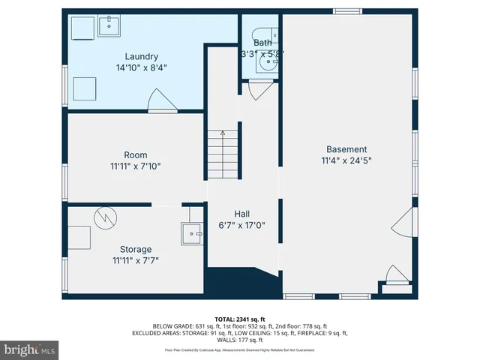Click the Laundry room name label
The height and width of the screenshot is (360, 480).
pos(141,56)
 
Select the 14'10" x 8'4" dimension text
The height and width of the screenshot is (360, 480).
pos(141,67)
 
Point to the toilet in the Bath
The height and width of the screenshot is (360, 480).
pos(274,34)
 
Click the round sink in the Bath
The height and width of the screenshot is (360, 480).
pos(265,64)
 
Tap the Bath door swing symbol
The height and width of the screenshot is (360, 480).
pos(259,91)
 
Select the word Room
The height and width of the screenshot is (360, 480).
pos(136,155)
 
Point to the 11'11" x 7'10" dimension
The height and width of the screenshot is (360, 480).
pos(136,166)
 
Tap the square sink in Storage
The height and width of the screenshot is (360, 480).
pos(192,233)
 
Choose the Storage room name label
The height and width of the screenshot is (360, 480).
pos(136,249)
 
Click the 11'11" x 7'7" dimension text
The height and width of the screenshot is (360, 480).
pos(136,261)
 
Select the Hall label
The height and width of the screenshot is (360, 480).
pos(241,213)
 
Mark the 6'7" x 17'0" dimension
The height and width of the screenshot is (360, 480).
pos(241,225)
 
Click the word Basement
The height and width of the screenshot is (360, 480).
pos(346,148)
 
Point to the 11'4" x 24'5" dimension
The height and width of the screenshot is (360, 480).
pos(346,160)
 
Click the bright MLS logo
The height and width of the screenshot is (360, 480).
pos(30,349)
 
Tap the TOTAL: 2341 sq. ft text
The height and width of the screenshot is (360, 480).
pos(240,318)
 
